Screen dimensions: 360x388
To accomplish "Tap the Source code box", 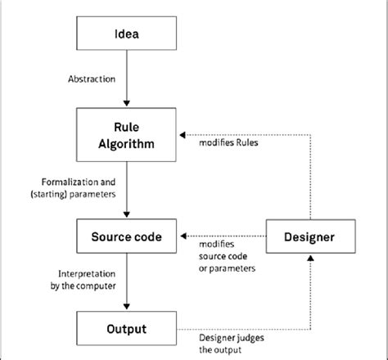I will point(125,236).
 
